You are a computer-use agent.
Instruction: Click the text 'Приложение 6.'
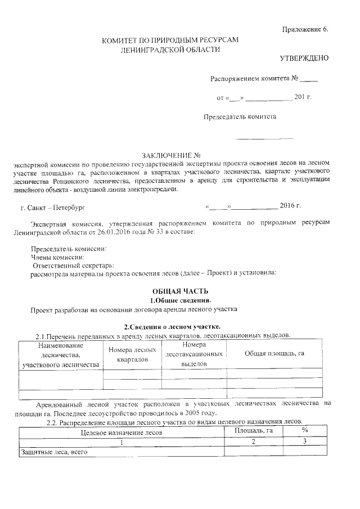[304, 29]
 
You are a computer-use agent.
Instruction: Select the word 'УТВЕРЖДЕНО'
[304, 58]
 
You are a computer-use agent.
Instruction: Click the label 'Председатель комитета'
[240, 118]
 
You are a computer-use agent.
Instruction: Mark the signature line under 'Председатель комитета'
[264, 138]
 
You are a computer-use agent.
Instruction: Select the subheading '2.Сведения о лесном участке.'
[172, 327]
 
